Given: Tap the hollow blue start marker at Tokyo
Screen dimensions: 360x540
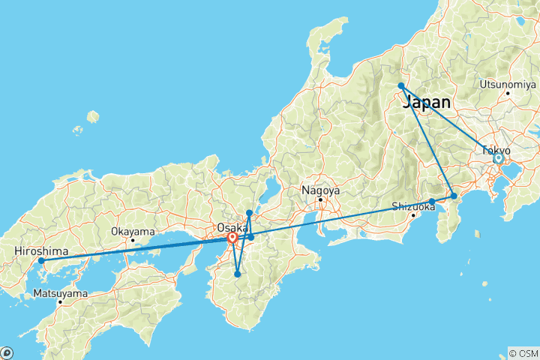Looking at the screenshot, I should (497, 158).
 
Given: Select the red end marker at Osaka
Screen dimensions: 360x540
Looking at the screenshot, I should (232, 238).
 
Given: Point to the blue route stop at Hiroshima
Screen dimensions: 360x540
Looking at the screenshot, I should (41, 261).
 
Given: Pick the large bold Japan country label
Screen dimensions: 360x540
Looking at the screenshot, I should (427, 103).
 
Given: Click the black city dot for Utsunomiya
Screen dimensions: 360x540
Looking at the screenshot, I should (508, 93).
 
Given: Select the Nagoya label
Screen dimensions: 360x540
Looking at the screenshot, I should (320, 190).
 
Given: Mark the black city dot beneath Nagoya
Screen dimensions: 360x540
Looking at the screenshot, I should (320, 199).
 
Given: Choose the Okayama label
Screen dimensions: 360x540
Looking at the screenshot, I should (133, 231).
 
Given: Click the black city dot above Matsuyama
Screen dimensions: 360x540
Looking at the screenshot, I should (60, 301).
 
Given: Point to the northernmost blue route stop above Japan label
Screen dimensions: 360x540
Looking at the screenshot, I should (402, 86).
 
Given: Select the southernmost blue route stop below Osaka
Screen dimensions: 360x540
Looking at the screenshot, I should (237, 274).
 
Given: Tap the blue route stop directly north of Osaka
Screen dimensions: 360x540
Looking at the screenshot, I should (249, 213).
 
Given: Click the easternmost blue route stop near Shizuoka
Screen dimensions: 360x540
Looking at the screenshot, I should (454, 196).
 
